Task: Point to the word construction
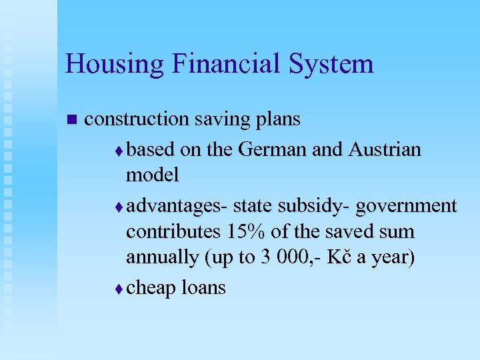click(137, 119)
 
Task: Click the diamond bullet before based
click(120, 151)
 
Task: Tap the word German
click(271, 149)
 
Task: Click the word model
click(153, 175)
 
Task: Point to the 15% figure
click(247, 232)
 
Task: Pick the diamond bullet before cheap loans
click(120, 289)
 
